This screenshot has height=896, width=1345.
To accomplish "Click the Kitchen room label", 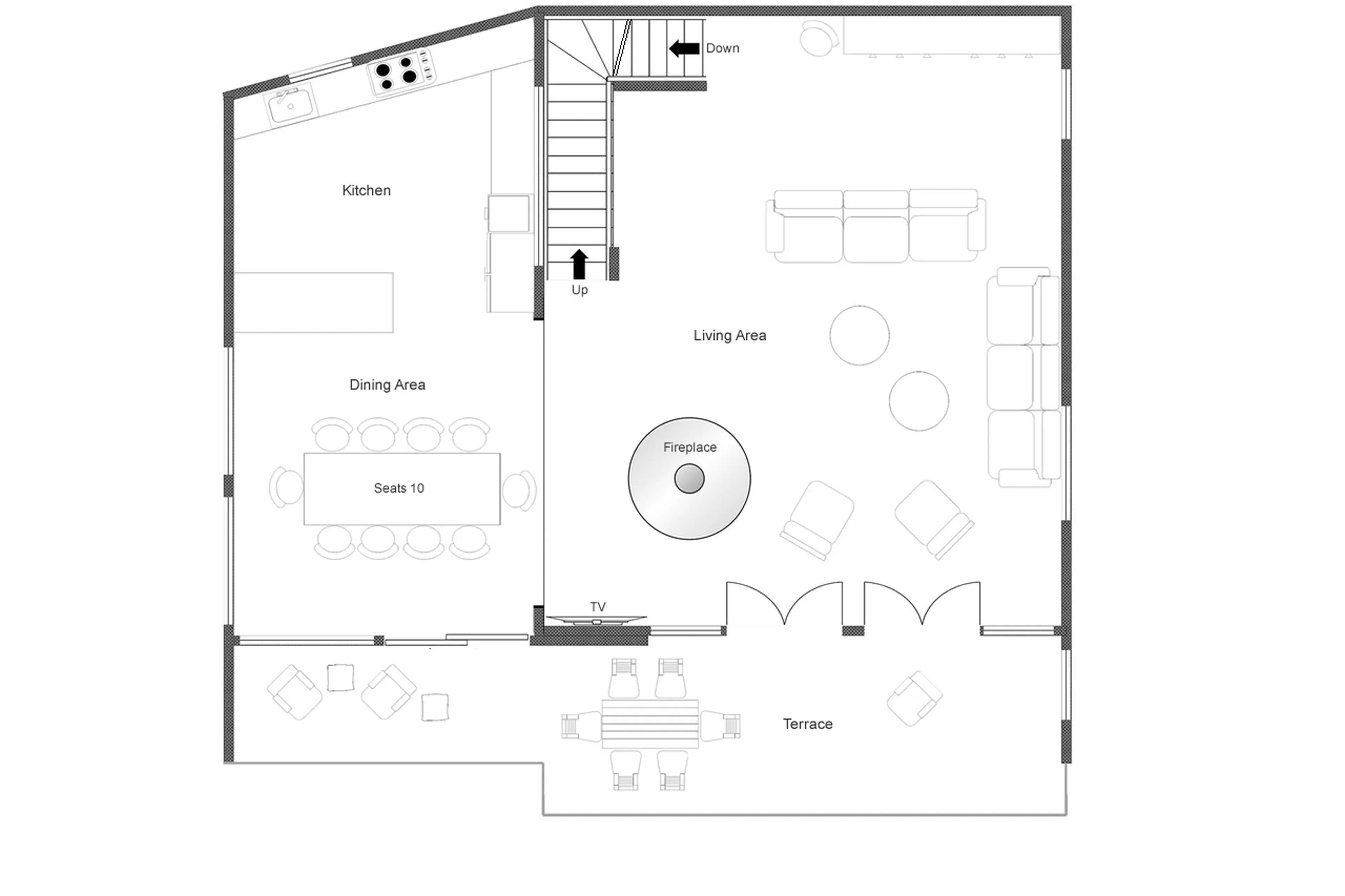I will coord(366,190).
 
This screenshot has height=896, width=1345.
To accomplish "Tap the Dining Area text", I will coord(387,384).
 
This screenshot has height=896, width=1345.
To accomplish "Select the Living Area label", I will coord(729,335).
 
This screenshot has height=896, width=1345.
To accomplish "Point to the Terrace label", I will coord(807,724).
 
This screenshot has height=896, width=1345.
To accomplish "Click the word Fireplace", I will coord(689,447).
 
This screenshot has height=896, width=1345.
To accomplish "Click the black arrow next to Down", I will coord(684,49).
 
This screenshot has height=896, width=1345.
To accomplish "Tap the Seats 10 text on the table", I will coord(398,488).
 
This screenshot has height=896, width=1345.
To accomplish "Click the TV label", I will coord(597,606).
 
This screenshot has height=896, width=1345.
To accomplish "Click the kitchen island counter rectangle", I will coord(313,302).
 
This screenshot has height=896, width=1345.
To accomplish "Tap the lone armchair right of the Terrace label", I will coord(913,698).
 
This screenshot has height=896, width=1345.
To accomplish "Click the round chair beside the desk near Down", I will coord(818,38).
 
